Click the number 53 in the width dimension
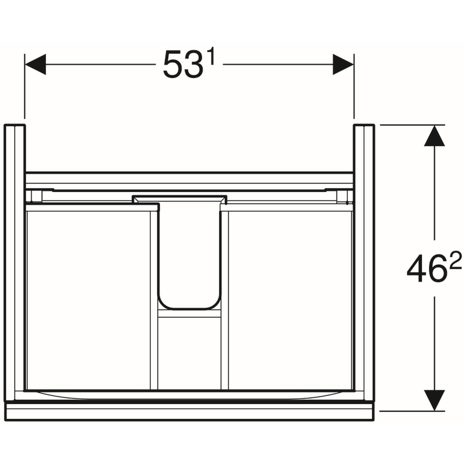tap(182, 65)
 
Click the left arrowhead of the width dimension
tap(35, 64)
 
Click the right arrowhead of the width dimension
tap(343, 64)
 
